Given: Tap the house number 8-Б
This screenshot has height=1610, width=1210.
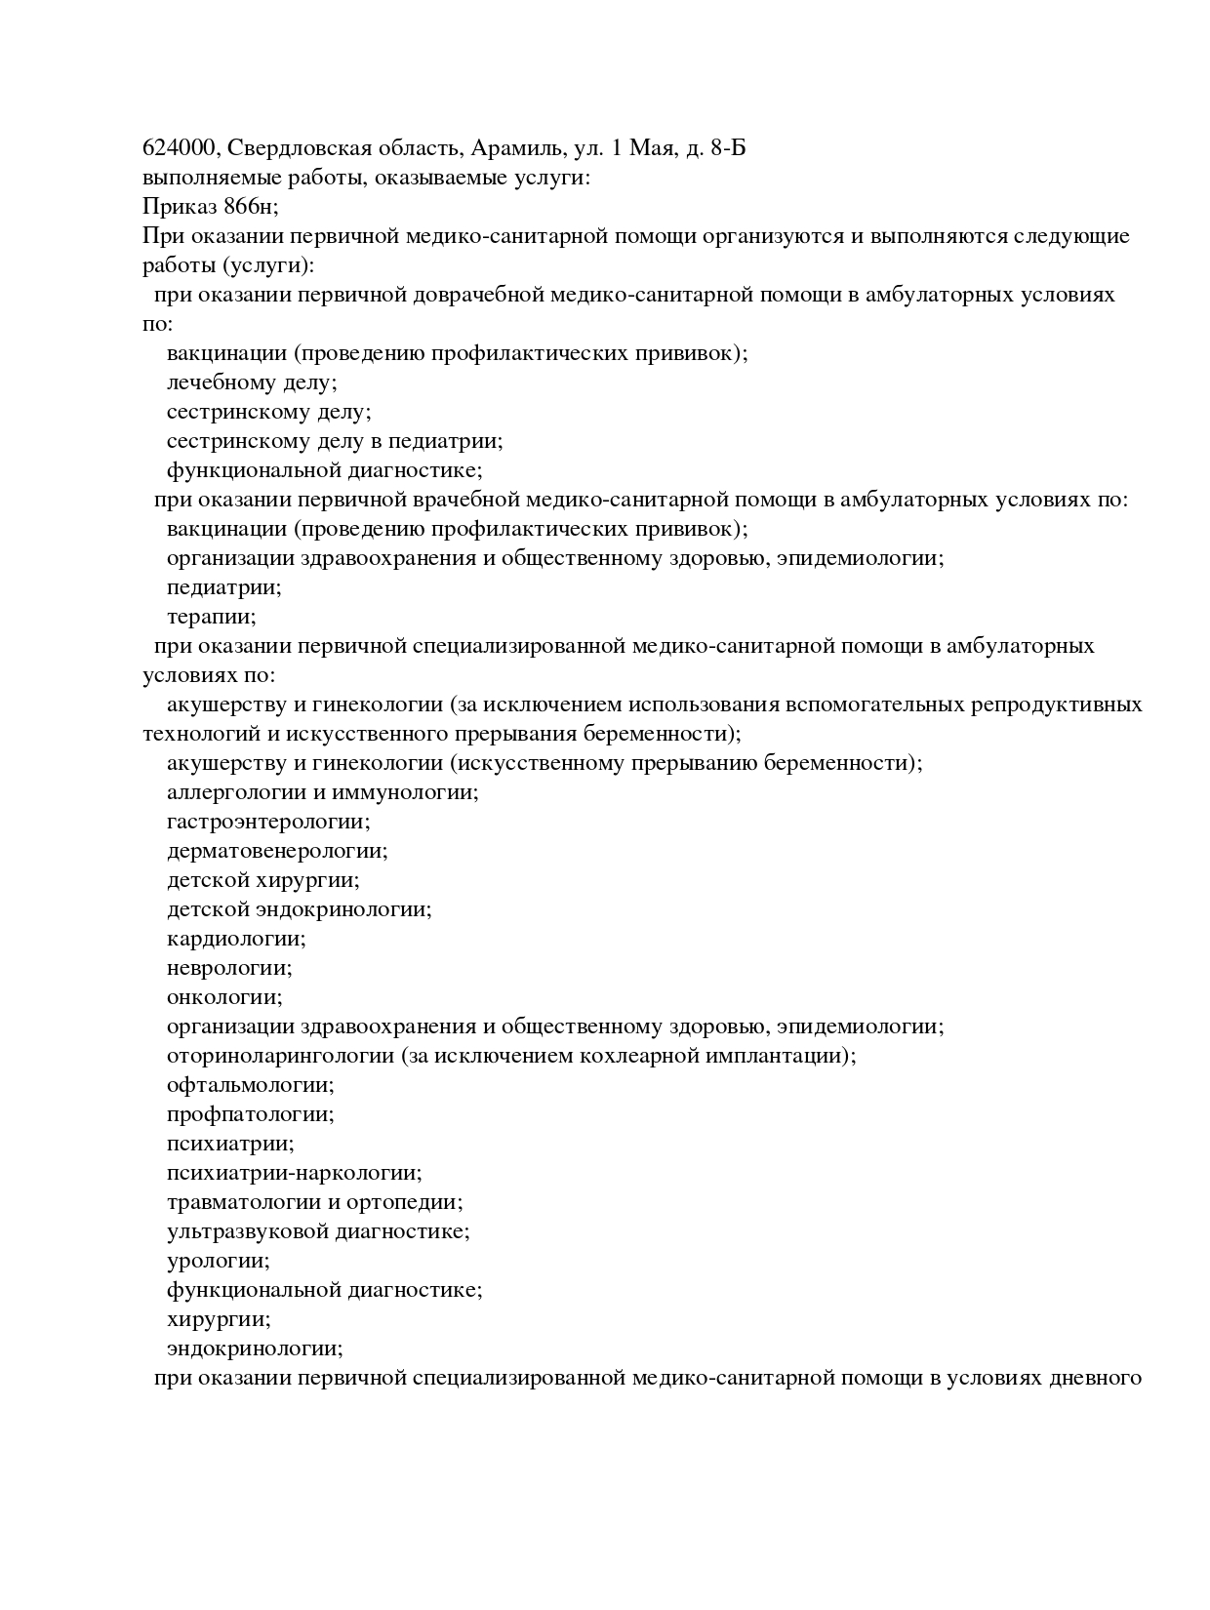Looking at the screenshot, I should [729, 148].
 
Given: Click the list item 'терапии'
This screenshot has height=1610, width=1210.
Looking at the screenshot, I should [211, 617].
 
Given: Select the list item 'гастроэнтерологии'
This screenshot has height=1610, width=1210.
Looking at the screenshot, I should [268, 822].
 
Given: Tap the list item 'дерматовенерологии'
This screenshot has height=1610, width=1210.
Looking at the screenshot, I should [277, 851].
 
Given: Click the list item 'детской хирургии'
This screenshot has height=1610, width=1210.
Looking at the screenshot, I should [262, 880].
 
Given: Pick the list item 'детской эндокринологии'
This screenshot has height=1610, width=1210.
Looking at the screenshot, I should [299, 909].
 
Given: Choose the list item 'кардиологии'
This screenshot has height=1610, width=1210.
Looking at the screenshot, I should [236, 939].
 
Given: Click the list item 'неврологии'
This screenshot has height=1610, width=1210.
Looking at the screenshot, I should [229, 968].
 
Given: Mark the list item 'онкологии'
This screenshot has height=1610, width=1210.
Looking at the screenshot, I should [224, 997].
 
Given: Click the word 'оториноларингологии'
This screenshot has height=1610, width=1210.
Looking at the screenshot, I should [280, 1056].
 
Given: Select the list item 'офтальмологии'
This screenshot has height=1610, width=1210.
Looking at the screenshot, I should [251, 1085].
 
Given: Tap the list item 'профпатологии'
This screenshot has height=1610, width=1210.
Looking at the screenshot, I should [251, 1114].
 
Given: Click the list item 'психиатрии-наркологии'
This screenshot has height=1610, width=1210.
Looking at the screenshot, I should [294, 1173].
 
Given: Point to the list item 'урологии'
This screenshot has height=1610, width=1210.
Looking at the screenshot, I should [219, 1261].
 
